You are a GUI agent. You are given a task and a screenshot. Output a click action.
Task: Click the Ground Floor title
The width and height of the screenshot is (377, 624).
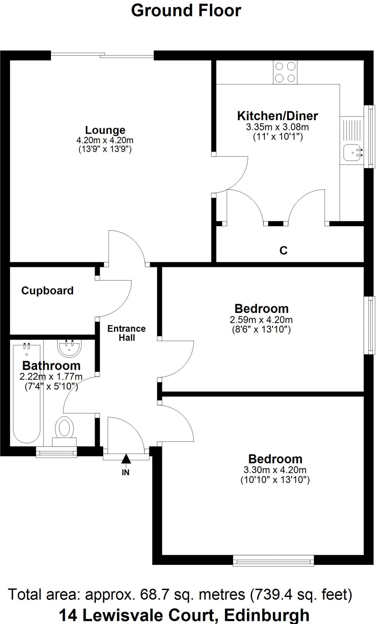pyautogui.click(x=186, y=11)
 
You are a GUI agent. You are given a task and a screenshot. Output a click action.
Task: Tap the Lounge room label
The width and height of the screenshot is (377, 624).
pyautogui.click(x=105, y=130)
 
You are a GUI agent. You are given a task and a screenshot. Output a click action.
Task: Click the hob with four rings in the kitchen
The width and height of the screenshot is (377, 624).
pyautogui.click(x=285, y=72)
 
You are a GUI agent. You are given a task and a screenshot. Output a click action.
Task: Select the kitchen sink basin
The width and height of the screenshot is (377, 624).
pyautogui.click(x=352, y=152)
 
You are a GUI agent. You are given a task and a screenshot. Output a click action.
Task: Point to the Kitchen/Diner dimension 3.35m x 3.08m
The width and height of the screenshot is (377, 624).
pyautogui.click(x=277, y=127)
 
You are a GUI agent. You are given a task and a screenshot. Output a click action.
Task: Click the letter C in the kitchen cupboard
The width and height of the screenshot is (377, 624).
pyautogui.click(x=283, y=250)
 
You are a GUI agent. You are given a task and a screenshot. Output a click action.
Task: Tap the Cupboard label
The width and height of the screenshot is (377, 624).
pyautogui.click(x=47, y=291)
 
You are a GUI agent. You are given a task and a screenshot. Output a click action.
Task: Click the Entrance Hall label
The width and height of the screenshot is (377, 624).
pyautogui.click(x=127, y=333)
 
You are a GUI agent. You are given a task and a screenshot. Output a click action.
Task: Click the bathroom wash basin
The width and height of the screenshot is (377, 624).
pyautogui.click(x=69, y=348)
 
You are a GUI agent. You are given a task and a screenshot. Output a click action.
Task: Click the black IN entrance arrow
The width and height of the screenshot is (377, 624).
pyautogui.click(x=126, y=459)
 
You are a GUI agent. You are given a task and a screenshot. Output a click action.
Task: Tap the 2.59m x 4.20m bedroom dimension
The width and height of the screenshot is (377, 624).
pyautogui.click(x=261, y=320)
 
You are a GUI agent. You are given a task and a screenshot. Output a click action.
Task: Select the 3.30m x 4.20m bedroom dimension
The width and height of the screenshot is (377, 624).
pyautogui.click(x=275, y=470)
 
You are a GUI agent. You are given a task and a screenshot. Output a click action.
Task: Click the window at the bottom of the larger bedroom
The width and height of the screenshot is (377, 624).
pyautogui.click(x=273, y=561)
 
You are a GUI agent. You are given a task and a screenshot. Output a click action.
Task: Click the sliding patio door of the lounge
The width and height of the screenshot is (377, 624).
pyautogui.click(x=102, y=55)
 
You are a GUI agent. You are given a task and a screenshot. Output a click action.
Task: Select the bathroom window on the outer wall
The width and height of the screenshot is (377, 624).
pyautogui.click(x=56, y=452)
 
